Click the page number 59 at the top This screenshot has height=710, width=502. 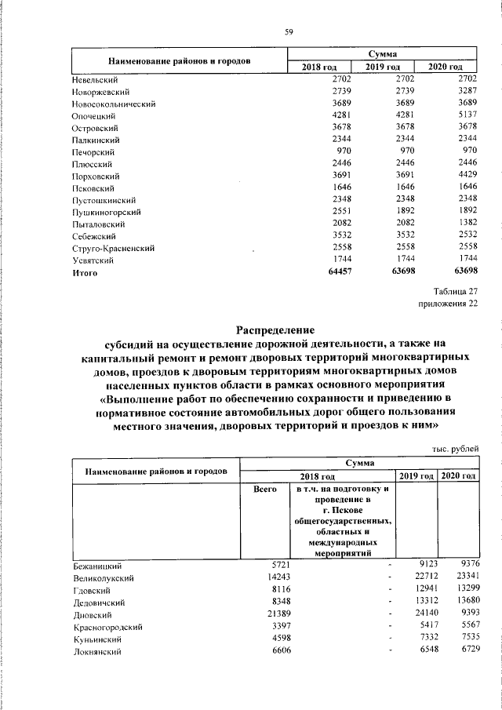pos(288,31)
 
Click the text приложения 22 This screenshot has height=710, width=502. pos(447,305)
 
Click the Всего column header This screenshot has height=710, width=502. pos(265,490)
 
